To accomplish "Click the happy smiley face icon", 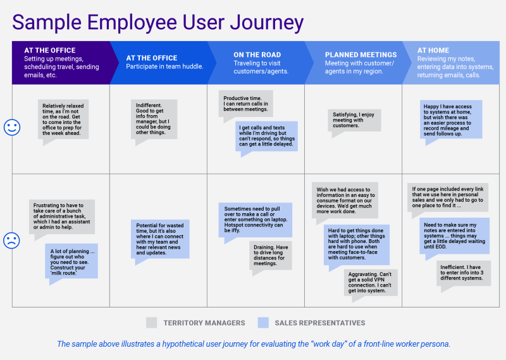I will click(11, 127).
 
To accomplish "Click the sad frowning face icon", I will click(11, 240).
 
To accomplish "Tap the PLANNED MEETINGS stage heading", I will click(361, 55).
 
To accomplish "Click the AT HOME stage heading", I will click(433, 51).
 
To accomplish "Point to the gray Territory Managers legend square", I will click(151, 323).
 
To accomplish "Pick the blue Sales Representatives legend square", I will click(263, 323).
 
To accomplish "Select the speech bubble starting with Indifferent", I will click(158, 118).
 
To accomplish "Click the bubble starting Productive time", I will click(247, 104).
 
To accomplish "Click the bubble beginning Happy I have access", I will click(450, 120).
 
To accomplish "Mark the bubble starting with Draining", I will click(270, 254).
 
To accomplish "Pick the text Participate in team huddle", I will click(165, 66).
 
